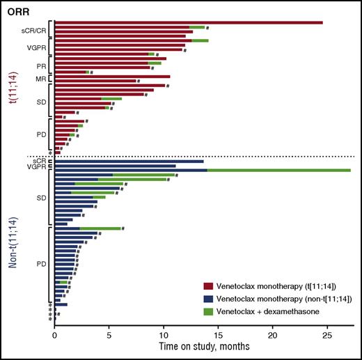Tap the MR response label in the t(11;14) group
click(x=41, y=79)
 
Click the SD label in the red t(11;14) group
click(x=41, y=100)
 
